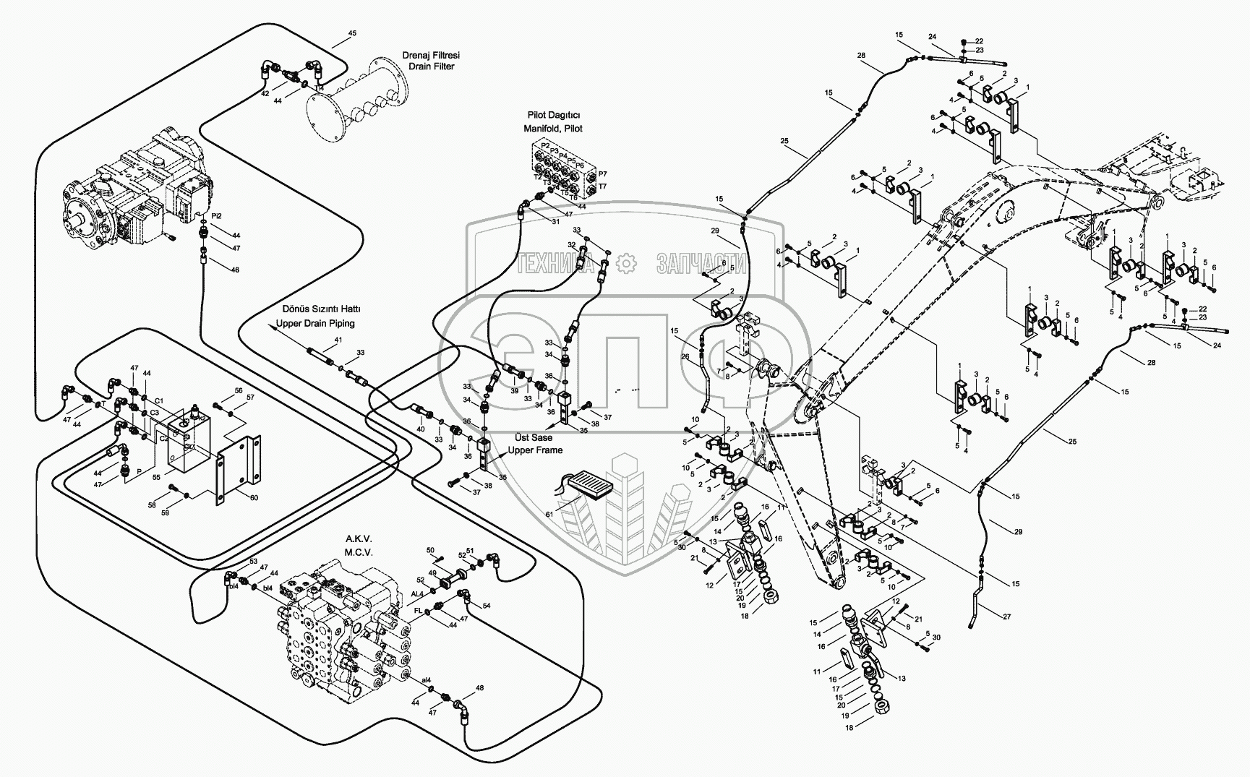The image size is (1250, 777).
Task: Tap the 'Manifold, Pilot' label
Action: point(553,128)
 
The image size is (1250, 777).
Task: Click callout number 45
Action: point(352,33)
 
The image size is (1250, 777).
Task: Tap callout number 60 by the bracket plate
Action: point(253,498)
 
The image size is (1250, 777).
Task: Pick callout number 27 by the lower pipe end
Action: point(1007,616)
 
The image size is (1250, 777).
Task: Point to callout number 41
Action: point(338,340)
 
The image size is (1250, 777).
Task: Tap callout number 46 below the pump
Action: point(234,270)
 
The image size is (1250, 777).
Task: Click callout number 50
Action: point(430,551)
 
